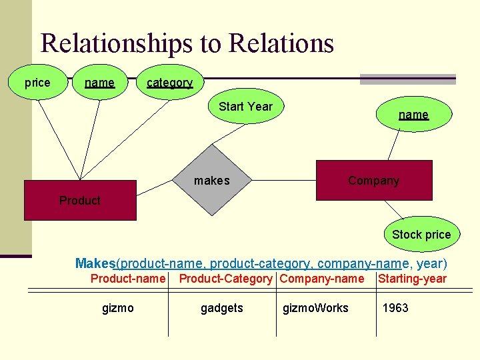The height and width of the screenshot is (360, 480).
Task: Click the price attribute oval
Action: coord(37,82)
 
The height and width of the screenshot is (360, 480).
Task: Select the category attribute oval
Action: coord(170,82)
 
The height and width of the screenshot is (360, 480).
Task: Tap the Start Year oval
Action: coord(246,106)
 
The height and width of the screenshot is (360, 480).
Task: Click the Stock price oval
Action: coord(422,234)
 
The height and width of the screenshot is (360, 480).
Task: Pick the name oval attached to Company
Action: coord(414,114)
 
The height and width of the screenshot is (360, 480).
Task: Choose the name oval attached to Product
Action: coord(100,82)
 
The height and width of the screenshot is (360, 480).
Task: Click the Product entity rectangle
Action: coord(80,200)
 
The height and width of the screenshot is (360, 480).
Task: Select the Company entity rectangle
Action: coord(374,180)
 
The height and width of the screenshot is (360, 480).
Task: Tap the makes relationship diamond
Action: coord(212,180)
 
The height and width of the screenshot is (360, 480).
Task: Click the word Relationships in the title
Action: coord(117,43)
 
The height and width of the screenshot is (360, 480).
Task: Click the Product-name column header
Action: coord(128,279)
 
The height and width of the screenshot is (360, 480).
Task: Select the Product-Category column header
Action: coord(225,279)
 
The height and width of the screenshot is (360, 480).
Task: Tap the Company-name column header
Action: coord(322,279)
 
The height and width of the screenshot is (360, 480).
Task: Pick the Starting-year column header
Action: coord(412,279)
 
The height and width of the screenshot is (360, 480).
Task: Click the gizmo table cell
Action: coord(118,308)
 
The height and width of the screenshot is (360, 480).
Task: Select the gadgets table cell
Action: coord(222,308)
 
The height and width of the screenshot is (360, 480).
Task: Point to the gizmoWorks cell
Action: coord(315,308)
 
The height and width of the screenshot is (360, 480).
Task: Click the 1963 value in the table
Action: coord(395,307)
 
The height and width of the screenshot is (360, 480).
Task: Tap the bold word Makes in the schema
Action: coord(95,263)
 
